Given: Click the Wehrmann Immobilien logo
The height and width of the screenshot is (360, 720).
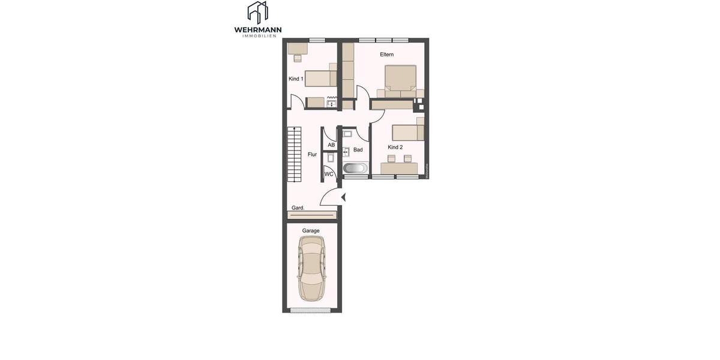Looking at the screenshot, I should (258, 19).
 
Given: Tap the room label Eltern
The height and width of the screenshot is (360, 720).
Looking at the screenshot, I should (386, 55).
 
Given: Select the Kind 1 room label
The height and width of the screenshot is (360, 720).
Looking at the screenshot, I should (296, 79).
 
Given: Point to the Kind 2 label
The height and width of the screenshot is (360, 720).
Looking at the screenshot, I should (395, 147).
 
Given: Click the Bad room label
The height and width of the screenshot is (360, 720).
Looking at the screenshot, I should (358, 150).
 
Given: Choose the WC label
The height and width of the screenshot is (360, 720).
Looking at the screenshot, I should (329, 174).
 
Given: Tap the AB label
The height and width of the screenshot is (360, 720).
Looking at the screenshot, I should (331, 145).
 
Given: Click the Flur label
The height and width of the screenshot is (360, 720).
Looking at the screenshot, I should (312, 154).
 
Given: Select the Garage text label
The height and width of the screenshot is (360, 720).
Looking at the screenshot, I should (311, 230).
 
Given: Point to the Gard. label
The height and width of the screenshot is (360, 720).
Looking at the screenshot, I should (298, 208).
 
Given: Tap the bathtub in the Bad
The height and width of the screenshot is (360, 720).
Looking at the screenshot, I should (355, 168).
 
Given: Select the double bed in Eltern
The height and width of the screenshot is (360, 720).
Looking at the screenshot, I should (400, 81).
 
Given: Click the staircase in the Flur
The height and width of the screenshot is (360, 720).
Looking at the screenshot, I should (294, 156).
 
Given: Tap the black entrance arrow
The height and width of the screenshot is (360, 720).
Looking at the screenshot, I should (344, 197).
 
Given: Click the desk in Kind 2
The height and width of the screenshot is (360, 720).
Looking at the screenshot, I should (399, 168).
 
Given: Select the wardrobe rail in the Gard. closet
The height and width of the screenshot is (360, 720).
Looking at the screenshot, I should (311, 214).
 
